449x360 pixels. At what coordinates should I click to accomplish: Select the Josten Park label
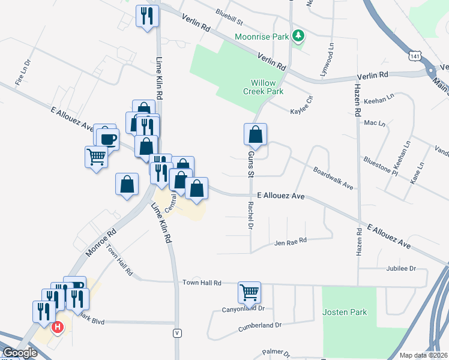tap(345, 312)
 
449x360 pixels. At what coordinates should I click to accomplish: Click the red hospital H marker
tap(58, 328)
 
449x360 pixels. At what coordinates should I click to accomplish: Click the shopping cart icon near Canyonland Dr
tap(249, 293)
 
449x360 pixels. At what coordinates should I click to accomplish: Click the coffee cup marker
tap(107, 137)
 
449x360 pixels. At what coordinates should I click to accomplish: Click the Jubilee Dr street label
tap(402, 268)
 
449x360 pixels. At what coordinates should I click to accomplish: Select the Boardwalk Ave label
tap(333, 178)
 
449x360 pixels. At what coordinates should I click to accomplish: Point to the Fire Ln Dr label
tap(22, 71)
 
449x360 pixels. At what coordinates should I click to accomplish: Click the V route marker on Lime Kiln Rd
tap(176, 333)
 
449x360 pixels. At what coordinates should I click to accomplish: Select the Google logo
tap(20, 353)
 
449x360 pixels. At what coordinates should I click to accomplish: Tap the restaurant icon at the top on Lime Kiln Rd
tap(147, 16)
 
